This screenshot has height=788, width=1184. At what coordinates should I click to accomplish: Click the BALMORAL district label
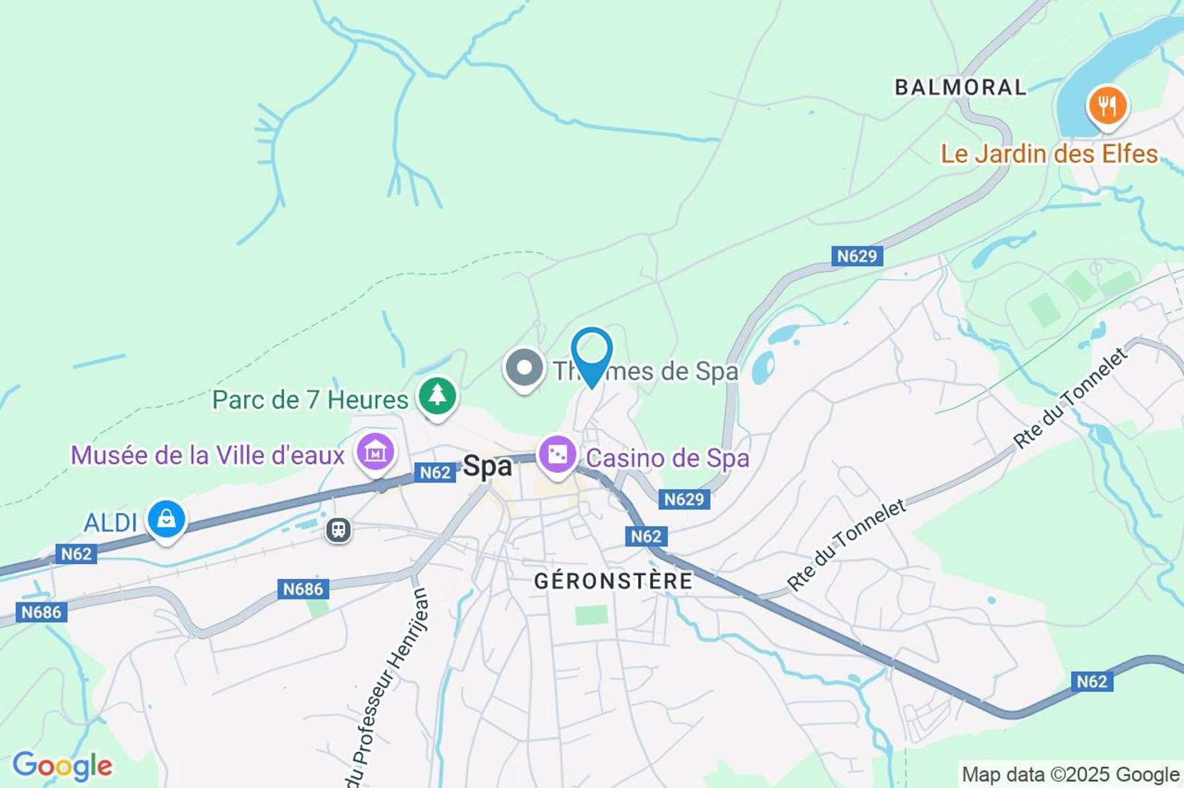coord(960,87)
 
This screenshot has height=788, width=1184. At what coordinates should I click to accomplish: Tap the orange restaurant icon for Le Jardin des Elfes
coord(1107,106)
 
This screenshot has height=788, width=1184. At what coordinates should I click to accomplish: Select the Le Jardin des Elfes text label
coord(1049,154)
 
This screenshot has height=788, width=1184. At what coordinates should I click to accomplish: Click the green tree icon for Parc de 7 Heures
coord(437,395)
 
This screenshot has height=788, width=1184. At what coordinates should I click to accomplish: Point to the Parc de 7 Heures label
coord(310,400)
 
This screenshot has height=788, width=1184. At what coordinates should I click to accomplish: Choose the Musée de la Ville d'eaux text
coord(208,455)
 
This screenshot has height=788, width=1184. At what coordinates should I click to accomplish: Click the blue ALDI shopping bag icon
coord(167,519)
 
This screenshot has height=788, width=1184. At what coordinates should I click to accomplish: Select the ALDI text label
coord(110,523)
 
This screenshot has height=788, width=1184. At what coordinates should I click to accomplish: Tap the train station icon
coord(338,529)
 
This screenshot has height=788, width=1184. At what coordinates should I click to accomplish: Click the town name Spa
coord(487,466)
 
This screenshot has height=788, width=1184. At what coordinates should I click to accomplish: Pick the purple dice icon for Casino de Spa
coord(557,454)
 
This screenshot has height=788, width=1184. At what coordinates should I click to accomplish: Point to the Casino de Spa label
coord(668,458)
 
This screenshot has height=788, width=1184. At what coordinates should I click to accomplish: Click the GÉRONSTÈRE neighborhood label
coord(613,581)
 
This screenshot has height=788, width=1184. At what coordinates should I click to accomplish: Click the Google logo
coord(62,766)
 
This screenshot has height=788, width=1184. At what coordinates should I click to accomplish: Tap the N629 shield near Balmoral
coord(856,256)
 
